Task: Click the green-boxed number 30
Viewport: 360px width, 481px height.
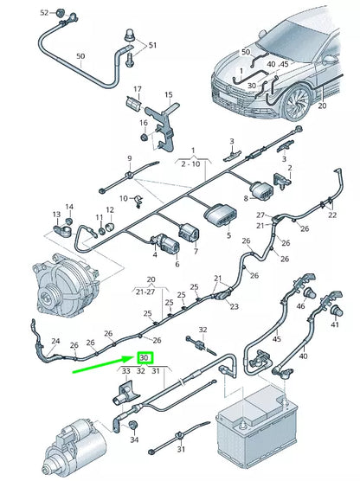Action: pyautogui.click(x=145, y=357)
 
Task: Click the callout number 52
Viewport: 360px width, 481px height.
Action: pyautogui.click(x=44, y=13)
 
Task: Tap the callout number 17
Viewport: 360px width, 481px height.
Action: pyautogui.click(x=138, y=89)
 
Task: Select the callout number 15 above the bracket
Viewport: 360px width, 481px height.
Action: pyautogui.click(x=169, y=95)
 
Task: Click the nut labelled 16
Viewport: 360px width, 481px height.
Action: pyautogui.click(x=144, y=137)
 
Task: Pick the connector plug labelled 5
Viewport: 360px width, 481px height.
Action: pyautogui.click(x=221, y=213)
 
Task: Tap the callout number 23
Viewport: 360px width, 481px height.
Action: pyautogui.click(x=235, y=306)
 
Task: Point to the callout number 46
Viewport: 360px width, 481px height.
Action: pyautogui.click(x=300, y=306)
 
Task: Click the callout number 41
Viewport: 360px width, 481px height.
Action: pyautogui.click(x=335, y=324)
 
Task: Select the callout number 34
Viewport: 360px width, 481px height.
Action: pyautogui.click(x=134, y=439)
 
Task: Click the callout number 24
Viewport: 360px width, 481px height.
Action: pyautogui.click(x=55, y=341)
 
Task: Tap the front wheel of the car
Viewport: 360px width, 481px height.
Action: pyautogui.click(x=297, y=101)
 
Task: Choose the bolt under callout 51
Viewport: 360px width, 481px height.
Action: pyautogui.click(x=129, y=60)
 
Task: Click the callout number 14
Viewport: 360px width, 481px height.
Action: pyautogui.click(x=69, y=207)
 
